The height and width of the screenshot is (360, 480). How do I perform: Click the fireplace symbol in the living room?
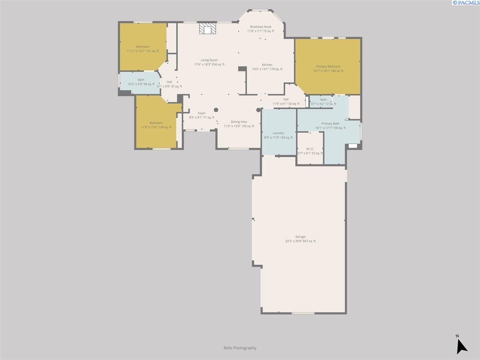[208, 29]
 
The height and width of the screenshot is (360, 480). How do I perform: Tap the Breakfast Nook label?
[261, 27]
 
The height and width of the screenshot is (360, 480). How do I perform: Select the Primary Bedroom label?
[328, 66]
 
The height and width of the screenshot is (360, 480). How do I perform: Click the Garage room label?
[300, 237]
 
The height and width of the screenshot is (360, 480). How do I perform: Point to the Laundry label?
[278, 133]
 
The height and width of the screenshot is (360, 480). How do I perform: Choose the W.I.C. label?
[310, 149]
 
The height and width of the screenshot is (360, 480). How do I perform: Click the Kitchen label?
[267, 65]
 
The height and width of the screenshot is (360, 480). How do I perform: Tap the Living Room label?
[209, 60]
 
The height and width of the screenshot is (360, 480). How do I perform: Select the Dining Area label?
[239, 122]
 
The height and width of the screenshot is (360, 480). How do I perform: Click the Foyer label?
[202, 113]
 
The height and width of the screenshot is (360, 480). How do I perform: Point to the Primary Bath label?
[330, 124]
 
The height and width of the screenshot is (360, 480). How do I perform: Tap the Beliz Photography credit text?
[240, 348]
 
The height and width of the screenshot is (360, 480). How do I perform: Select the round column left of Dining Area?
[216, 110]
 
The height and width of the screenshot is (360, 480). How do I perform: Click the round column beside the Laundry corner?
[258, 110]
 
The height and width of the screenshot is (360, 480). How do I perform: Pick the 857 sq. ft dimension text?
[309, 241]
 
